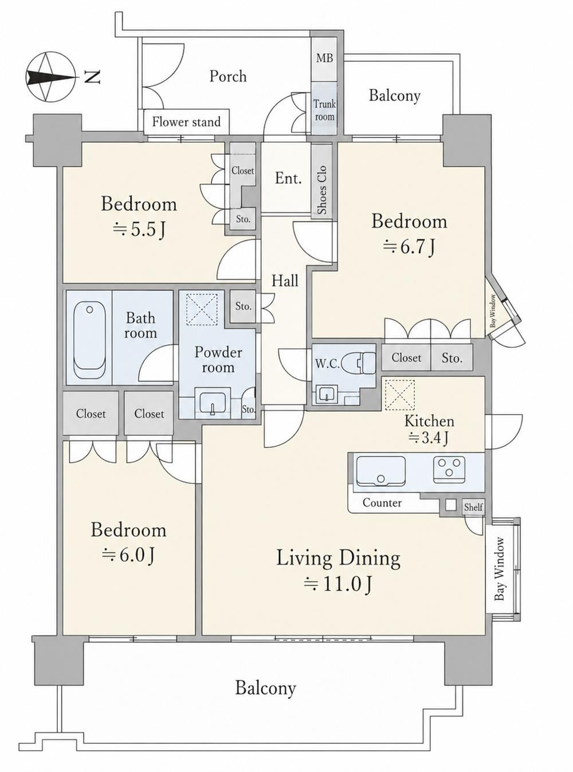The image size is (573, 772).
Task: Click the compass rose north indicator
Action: (50, 77)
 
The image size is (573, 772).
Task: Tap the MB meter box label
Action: (324, 58)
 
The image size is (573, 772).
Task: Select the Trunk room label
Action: (324, 110)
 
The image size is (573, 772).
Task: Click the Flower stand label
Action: (186, 122)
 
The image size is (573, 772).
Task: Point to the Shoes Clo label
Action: (323, 190)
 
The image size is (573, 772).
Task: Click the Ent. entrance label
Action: (288, 179)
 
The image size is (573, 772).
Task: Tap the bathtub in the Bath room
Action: (90, 340)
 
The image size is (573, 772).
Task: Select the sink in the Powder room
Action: (212, 403)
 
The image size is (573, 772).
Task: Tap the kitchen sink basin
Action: (381, 471)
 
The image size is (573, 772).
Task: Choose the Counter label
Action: (382, 503)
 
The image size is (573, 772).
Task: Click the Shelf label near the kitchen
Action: (473, 507)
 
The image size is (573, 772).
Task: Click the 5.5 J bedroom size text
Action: (139, 230)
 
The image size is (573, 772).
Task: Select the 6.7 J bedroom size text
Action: (409, 247)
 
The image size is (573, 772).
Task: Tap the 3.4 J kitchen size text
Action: (429, 438)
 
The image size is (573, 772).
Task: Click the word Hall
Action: (285, 281)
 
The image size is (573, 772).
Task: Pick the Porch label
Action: (228, 76)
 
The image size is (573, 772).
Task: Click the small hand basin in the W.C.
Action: (325, 395)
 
